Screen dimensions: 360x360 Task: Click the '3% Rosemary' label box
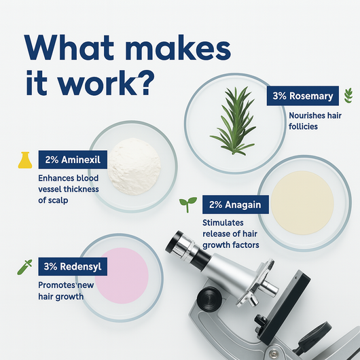point(302,96)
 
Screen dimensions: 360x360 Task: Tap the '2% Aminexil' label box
point(73,160)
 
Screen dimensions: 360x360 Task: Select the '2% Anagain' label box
point(236,204)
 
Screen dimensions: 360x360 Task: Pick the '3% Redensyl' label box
point(73,266)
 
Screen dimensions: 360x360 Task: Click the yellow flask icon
point(25,160)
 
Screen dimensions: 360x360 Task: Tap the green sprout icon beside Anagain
point(187,204)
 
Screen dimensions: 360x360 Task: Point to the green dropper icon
point(24,267)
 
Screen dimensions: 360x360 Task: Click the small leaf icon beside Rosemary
point(348,95)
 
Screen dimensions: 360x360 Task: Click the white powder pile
point(134,166)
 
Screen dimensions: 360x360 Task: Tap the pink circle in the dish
point(122,276)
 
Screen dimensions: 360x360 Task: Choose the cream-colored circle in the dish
point(302,202)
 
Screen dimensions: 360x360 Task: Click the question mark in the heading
point(146,83)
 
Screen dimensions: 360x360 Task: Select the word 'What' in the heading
point(69,48)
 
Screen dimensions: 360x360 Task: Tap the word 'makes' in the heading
point(178,48)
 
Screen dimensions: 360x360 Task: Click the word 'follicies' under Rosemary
point(303,126)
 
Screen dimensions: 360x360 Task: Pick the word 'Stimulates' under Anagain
point(223,223)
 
